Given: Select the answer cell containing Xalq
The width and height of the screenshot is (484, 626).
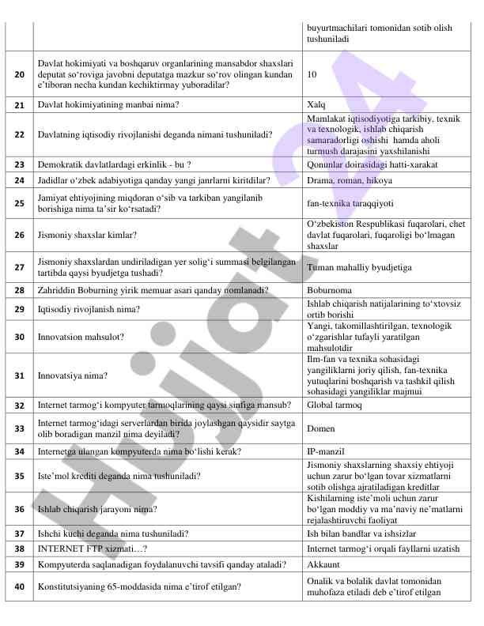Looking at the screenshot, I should [x=316, y=104].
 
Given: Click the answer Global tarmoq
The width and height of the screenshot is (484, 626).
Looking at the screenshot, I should [x=334, y=405].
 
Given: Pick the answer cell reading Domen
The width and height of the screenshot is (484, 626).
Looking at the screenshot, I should [x=320, y=428].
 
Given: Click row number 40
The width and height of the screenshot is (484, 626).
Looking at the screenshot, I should [x=19, y=586].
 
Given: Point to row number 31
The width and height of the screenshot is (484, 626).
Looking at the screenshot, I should [x=19, y=375].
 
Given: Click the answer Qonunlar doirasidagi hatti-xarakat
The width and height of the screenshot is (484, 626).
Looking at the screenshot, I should [x=372, y=164].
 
